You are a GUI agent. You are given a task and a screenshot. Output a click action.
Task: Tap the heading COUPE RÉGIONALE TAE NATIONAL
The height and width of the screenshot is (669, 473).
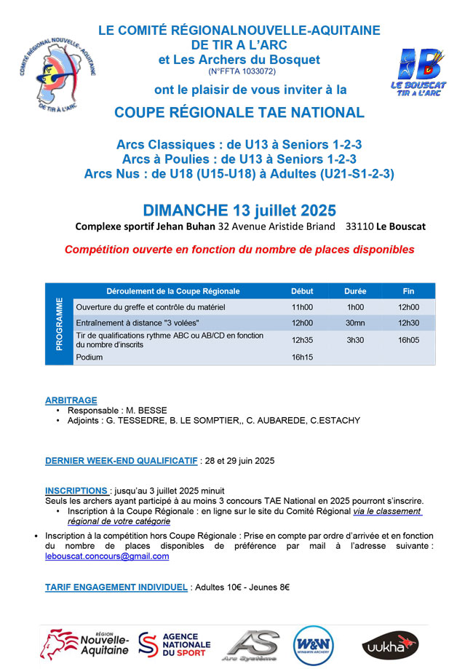(x=239, y=112)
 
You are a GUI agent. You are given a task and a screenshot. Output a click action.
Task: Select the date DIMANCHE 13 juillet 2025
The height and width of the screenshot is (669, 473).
(x=239, y=210)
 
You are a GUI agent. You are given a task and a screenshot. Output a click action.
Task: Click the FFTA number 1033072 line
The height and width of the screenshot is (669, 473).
(x=242, y=71)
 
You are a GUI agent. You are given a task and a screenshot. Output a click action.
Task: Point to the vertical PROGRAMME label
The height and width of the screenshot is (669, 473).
(x=59, y=323)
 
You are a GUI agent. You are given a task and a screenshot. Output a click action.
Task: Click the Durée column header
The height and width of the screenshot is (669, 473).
(x=355, y=291)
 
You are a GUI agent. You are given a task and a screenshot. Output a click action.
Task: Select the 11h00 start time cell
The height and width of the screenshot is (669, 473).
(x=302, y=307)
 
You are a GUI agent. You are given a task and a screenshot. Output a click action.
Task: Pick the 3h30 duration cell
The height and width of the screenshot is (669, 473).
(x=355, y=339)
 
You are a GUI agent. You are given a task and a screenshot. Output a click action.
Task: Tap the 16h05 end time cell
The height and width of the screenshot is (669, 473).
(x=408, y=339)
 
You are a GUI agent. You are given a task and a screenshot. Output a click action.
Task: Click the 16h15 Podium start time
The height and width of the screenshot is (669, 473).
(x=302, y=357)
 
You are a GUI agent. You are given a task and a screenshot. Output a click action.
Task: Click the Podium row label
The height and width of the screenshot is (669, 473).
(x=90, y=357)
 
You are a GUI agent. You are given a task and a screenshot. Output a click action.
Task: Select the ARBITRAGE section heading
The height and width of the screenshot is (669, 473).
(x=71, y=400)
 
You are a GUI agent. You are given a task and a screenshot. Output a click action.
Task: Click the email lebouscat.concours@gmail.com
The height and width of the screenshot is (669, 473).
(x=107, y=556)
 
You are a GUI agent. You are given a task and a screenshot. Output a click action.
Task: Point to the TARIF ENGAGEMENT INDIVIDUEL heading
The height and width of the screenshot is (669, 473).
(x=116, y=587)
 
